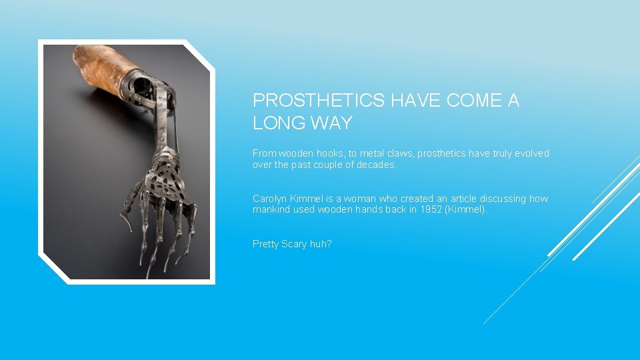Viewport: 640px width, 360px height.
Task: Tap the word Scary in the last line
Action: [x=294, y=244]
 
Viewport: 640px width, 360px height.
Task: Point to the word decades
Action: [x=377, y=165]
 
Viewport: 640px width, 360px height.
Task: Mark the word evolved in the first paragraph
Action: [x=533, y=153]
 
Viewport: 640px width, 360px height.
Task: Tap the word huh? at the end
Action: [x=321, y=244]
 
